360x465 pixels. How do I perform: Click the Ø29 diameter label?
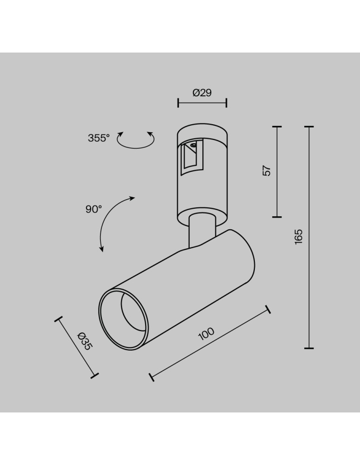coord(202,93)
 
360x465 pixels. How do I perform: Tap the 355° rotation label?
coord(98,138)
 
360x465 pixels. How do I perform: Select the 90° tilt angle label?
coord(93,209)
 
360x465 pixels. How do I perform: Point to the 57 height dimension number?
coord(267,171)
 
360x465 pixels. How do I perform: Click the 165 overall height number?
coord(299,237)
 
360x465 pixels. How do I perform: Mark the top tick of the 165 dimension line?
coord(308,126)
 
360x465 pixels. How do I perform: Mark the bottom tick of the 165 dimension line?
coord(308,348)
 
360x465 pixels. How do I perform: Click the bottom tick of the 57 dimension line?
coord(277,217)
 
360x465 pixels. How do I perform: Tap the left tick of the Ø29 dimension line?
coord(178,103)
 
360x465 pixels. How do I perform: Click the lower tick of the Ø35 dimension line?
coord(95,374)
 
